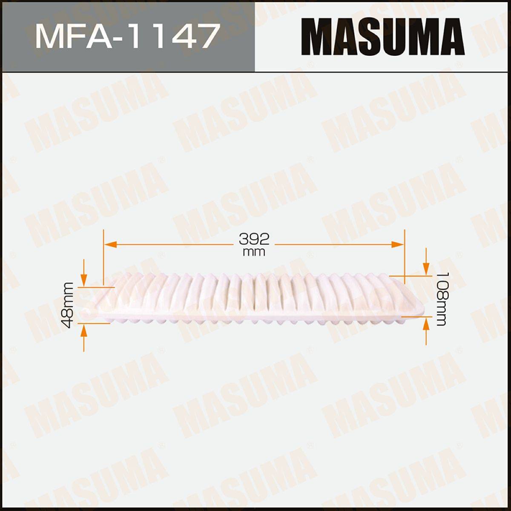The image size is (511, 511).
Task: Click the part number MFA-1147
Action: tap(128, 36)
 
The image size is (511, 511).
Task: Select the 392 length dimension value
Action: tap(254, 239)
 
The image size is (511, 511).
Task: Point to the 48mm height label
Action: tap(67, 305)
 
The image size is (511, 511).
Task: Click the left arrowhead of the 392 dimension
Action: tap(110, 244)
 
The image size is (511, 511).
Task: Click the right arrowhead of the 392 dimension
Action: tap(398, 244)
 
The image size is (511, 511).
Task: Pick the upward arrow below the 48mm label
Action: tap(84, 337)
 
